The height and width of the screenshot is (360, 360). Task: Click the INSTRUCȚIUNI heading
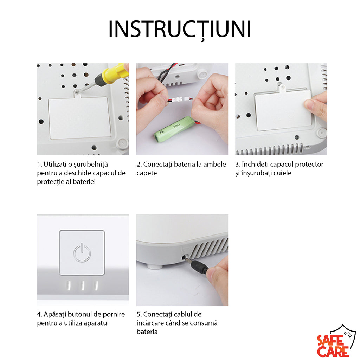180,29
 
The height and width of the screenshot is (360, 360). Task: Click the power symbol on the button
82,253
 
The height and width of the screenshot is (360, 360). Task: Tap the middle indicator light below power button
83,285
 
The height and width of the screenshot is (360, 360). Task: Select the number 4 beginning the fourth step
39,314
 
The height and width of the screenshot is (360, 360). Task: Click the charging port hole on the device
184,257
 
